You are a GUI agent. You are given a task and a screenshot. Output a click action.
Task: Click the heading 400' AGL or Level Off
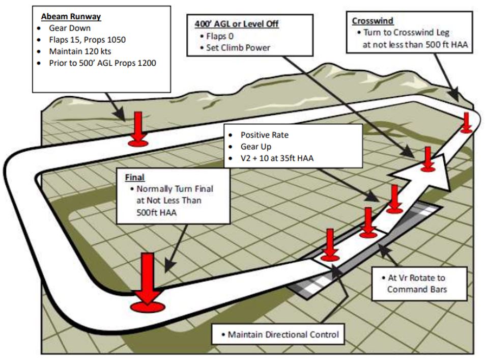[237, 24]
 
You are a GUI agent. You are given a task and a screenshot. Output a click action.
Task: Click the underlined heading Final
[135, 178]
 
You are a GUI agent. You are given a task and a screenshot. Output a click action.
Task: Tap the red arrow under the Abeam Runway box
[138, 129]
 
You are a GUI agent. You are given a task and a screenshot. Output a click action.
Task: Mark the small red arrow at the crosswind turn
[466, 123]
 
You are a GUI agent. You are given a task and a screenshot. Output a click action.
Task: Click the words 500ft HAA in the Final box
[156, 212]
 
